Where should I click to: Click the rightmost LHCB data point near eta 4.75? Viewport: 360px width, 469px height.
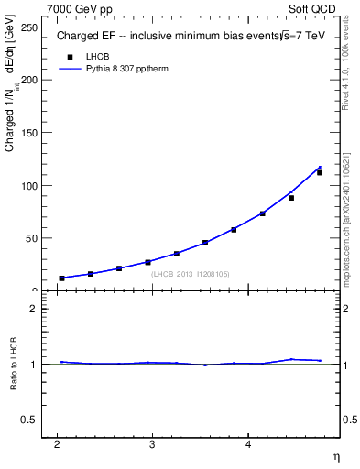tap(320, 172)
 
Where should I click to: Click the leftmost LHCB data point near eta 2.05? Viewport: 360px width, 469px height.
tap(62, 278)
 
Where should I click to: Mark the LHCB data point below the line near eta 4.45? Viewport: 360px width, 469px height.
tap(291, 197)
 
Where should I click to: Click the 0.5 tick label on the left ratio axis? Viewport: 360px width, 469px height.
tap(27, 420)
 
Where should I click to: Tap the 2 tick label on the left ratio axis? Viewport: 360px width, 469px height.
tap(32, 309)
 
